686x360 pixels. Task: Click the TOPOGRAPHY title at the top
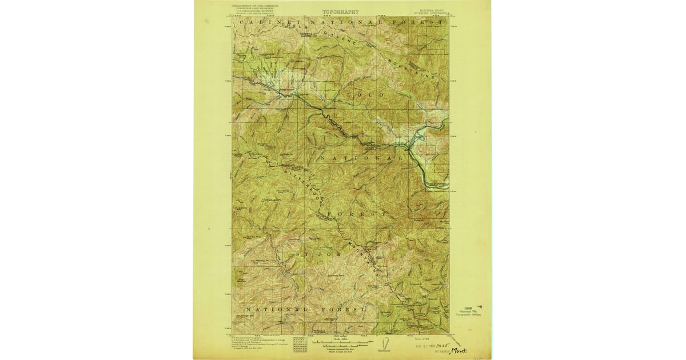pos(341,11)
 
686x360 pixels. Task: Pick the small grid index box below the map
pos(299,343)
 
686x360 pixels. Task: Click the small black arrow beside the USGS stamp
pos(479,307)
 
